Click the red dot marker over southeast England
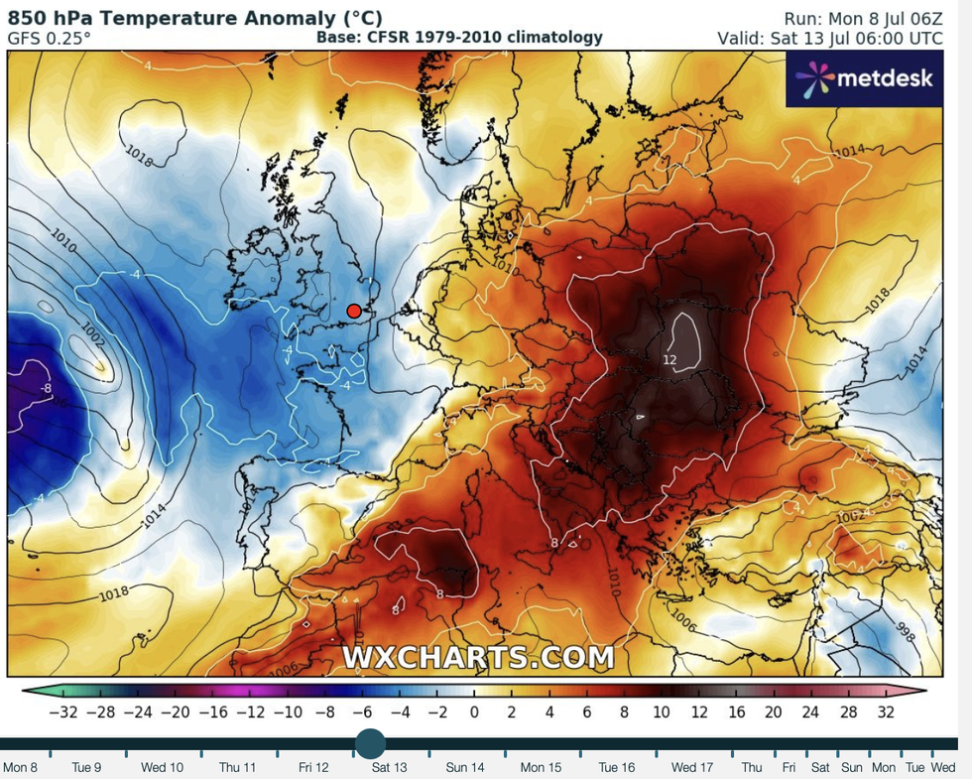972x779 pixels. pos(354,311)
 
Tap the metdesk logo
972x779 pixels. pos(861,77)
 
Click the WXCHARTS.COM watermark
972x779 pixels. pos(478,657)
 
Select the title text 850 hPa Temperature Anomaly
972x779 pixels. pos(195,19)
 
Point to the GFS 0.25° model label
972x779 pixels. pos(50,38)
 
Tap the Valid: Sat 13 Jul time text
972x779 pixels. pos(830,38)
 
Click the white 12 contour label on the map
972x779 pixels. pos(669,357)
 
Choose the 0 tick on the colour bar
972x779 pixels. pos(474,713)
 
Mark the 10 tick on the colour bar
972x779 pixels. pos(662,713)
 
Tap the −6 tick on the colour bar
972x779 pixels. pos(363,713)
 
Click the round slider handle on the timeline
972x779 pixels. pos(370,743)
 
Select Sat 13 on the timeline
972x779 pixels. pos(389,767)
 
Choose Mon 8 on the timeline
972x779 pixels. pos(20,767)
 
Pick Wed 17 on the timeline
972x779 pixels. pos(691,767)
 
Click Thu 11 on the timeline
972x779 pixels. pos(237,767)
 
